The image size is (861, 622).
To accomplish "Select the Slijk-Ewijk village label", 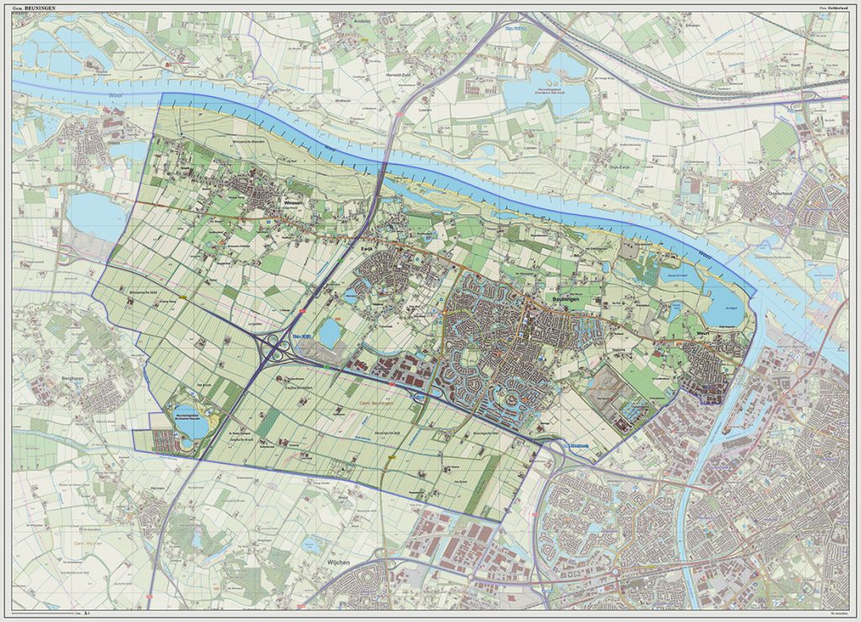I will pyautogui.click(x=624, y=167).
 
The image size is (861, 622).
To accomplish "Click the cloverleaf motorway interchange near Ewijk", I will pyautogui.click(x=275, y=345).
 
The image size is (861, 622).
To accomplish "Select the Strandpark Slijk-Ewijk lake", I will pyautogui.click(x=559, y=91).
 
